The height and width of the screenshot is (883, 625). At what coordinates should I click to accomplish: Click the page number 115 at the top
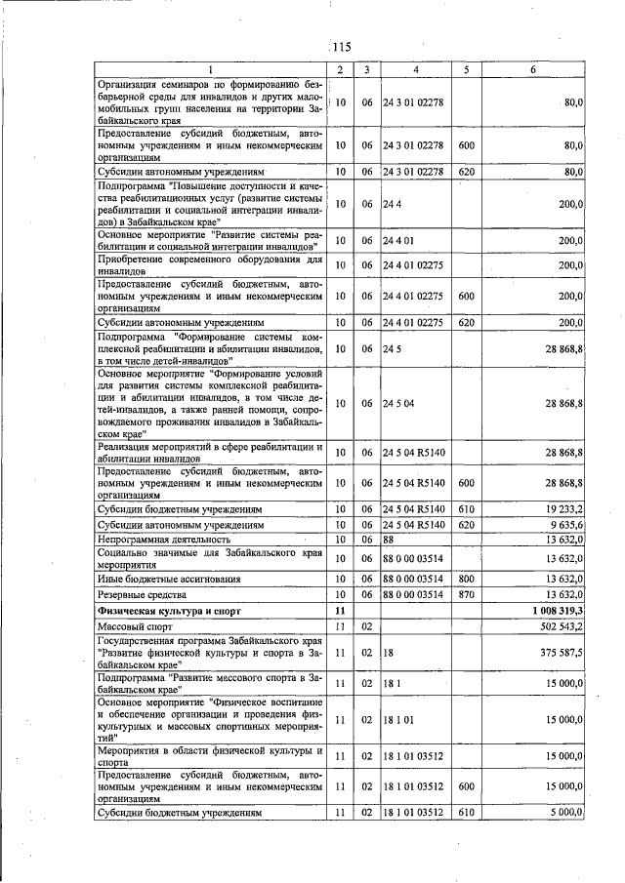(340, 47)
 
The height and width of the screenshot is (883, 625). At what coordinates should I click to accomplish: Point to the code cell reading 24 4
(393, 204)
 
